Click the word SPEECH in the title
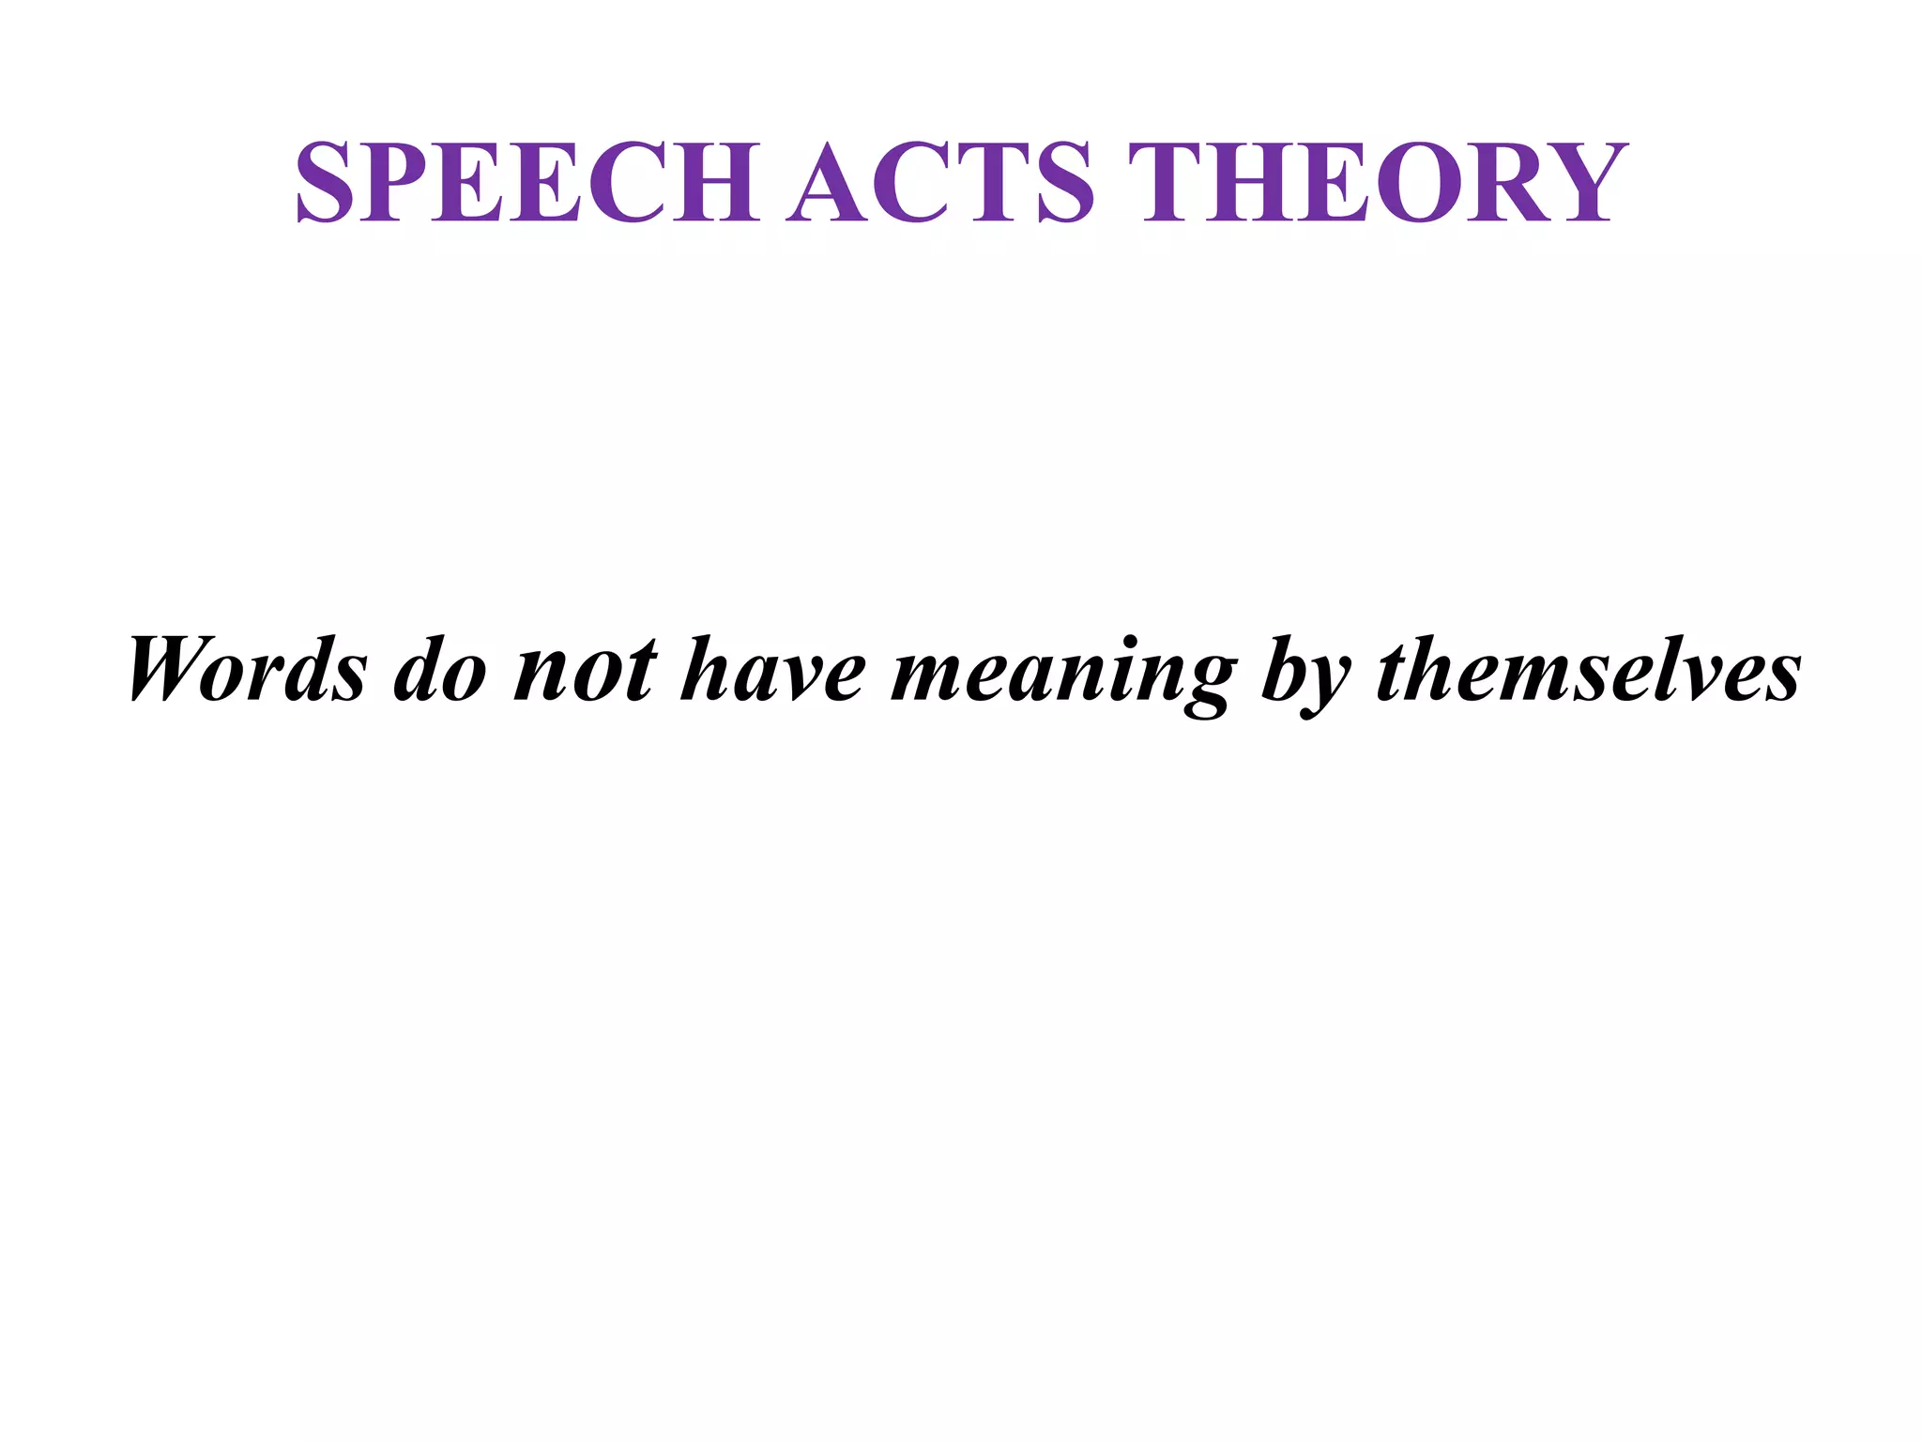tap(528, 182)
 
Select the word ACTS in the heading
tap(941, 182)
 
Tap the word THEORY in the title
tap(1378, 182)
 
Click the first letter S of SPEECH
tap(325, 182)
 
